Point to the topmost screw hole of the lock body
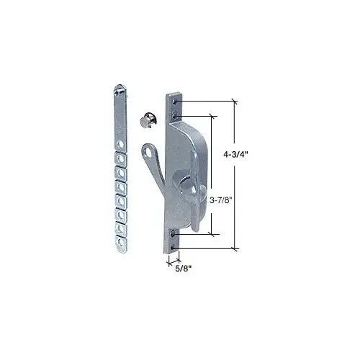pyautogui.click(x=174, y=102)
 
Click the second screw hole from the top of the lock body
pyautogui.click(x=174, y=113)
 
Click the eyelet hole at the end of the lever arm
pyautogui.click(x=148, y=152)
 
